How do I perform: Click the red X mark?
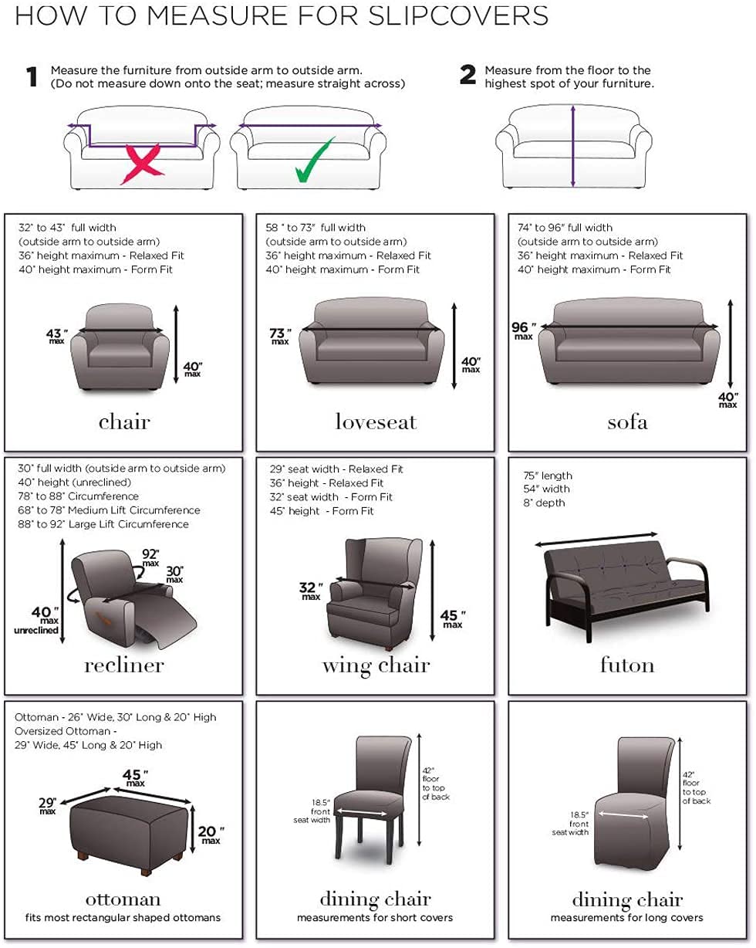click(141, 161)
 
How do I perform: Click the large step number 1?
click(32, 77)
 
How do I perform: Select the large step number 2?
click(467, 76)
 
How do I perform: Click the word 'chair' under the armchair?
click(124, 422)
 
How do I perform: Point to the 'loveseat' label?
click(376, 422)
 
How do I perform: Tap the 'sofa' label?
click(627, 422)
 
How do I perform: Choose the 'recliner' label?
click(124, 665)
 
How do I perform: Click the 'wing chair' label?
click(376, 665)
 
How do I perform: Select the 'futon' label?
click(627, 665)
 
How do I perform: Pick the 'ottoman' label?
click(124, 899)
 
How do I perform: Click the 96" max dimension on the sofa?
click(522, 330)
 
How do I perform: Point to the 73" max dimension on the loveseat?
click(279, 336)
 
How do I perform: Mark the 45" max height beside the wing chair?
click(452, 618)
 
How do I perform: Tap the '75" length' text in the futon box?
click(548, 476)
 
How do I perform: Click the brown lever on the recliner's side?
click(99, 616)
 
